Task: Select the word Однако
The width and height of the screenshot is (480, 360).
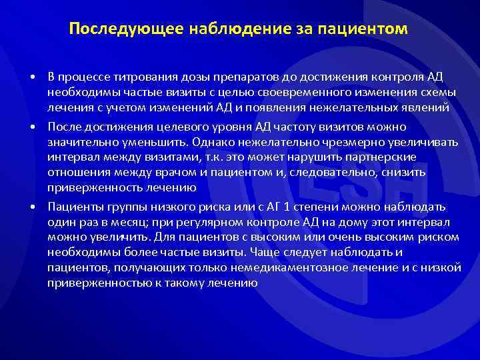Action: (x=215, y=142)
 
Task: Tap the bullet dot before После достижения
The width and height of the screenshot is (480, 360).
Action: (x=33, y=127)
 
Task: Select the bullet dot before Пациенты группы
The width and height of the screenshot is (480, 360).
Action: (x=33, y=207)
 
